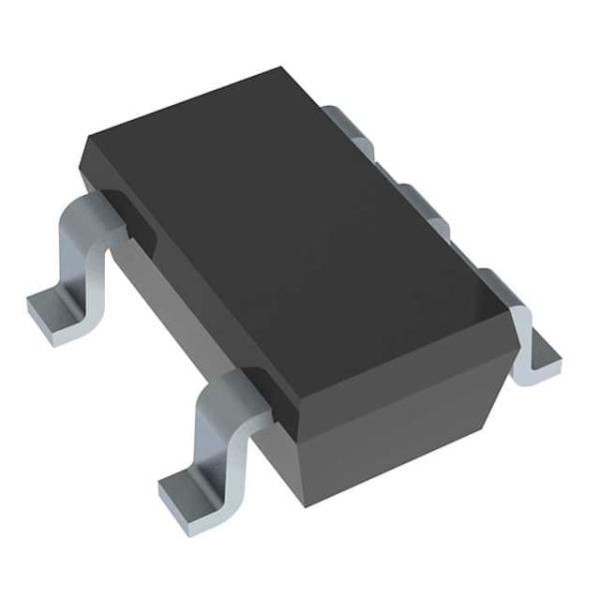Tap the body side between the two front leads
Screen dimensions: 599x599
[170, 299]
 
